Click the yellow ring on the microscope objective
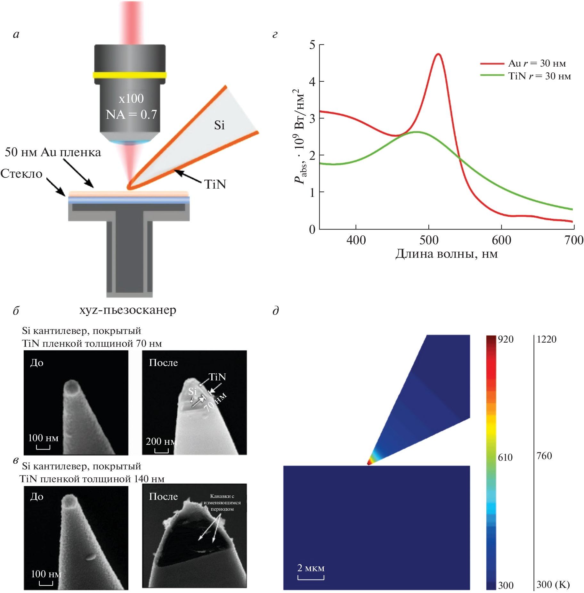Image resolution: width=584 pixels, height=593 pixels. click(x=130, y=75)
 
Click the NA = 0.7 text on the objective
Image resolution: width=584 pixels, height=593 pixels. click(x=131, y=114)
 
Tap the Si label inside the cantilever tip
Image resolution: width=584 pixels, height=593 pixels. click(x=219, y=125)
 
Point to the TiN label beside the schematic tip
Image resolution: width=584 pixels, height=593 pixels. click(x=215, y=184)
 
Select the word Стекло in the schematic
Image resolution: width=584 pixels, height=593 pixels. click(x=21, y=174)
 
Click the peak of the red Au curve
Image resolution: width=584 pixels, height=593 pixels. click(x=438, y=54)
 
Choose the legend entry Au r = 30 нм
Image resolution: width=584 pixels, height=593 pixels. click(x=537, y=63)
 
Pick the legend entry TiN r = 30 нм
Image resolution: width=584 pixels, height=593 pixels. click(x=539, y=76)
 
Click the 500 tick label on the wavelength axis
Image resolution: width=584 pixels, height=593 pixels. click(x=429, y=240)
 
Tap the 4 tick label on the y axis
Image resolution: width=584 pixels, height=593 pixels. click(x=312, y=82)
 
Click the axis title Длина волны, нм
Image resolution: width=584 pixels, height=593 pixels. click(x=446, y=254)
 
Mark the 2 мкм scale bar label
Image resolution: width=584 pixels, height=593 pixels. click(x=311, y=568)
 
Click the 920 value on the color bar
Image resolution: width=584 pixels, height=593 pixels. click(x=506, y=339)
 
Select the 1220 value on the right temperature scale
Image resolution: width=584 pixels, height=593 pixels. click(x=547, y=339)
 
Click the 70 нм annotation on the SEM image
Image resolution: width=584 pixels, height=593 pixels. click(x=215, y=402)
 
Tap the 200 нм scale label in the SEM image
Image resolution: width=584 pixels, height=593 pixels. click(x=161, y=442)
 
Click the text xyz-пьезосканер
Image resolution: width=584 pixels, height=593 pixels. click(x=128, y=310)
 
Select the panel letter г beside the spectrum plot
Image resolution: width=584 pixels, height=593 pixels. click(x=275, y=35)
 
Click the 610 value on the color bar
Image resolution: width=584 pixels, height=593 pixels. click(x=505, y=458)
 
